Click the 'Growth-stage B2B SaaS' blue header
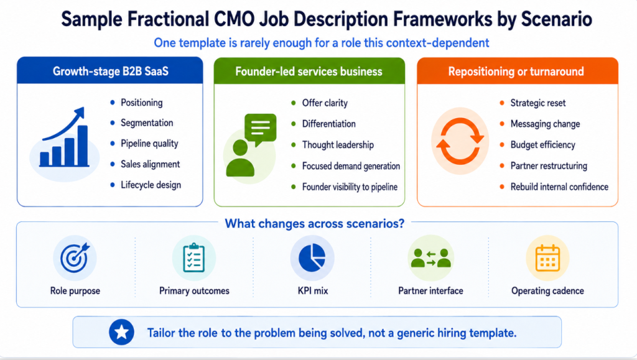(109, 71)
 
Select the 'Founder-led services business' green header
(309, 72)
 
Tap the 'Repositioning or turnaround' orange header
(517, 72)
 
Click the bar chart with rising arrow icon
(65, 137)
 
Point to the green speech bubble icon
(261, 129)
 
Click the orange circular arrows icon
(460, 141)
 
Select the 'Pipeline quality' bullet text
(149, 144)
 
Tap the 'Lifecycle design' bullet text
(151, 185)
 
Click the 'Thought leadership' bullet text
(338, 145)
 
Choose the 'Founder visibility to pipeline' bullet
(350, 187)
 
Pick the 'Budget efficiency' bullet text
(542, 145)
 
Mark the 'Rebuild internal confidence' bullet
(559, 187)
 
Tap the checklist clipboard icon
(194, 257)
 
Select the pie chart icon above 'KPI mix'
(312, 258)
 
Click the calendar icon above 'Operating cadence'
(547, 258)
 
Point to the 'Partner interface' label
(430, 290)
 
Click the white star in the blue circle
(121, 333)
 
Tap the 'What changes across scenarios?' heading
(315, 224)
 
